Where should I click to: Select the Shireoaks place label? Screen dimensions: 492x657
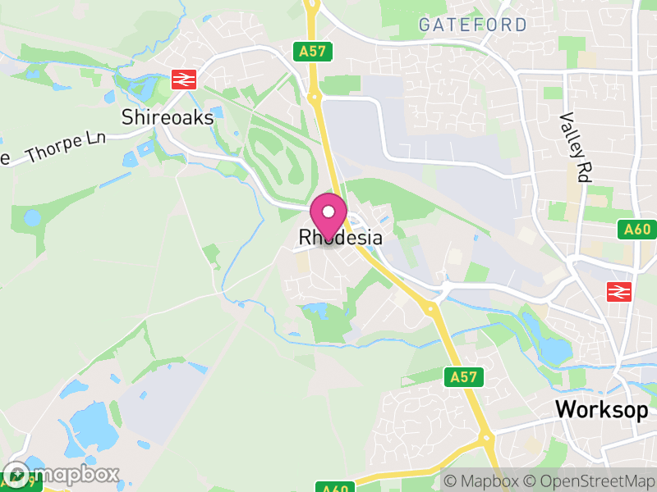point(168,117)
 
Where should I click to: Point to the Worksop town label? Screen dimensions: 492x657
point(602,409)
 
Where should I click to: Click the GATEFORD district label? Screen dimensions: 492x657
point(472,25)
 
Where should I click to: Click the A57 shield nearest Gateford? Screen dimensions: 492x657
point(312,52)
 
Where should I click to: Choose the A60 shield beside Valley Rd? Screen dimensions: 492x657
point(636,231)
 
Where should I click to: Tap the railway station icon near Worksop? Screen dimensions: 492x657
point(618,291)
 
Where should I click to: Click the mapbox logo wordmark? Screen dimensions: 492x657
point(62,475)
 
